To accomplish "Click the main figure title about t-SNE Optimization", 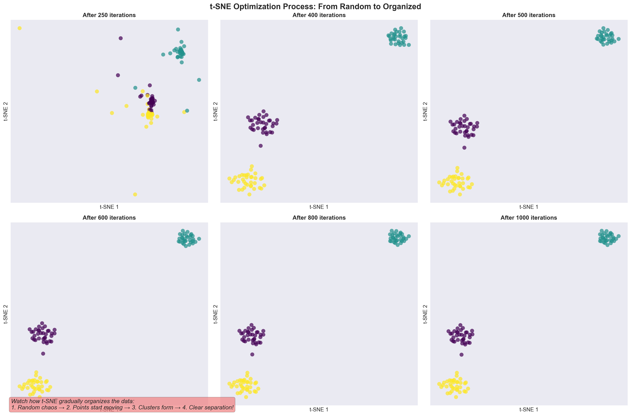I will (x=315, y=6).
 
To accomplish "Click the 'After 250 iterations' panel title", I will (x=109, y=15).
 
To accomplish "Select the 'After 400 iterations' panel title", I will (x=319, y=15).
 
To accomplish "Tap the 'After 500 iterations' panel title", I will (x=529, y=15).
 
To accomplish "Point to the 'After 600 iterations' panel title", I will (x=109, y=218).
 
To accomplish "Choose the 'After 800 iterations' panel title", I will (x=319, y=218).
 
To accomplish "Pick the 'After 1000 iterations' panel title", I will (x=529, y=218).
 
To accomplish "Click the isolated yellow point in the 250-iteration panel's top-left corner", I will (x=19, y=28).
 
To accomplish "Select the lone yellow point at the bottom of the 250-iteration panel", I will (x=135, y=195).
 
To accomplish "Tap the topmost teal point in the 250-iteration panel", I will (x=178, y=29).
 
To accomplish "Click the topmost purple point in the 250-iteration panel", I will (x=120, y=38).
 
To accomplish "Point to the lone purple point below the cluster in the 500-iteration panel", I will (x=464, y=148).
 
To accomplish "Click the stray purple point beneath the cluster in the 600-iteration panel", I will (x=43, y=353).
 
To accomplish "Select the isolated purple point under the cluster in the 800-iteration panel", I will (x=252, y=354).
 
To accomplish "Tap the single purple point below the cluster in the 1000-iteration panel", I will (x=461, y=355).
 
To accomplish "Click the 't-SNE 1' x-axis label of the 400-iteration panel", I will (x=319, y=207).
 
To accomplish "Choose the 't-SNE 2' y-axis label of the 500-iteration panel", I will (x=425, y=111).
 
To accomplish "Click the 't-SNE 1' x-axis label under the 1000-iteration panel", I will (x=529, y=409).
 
